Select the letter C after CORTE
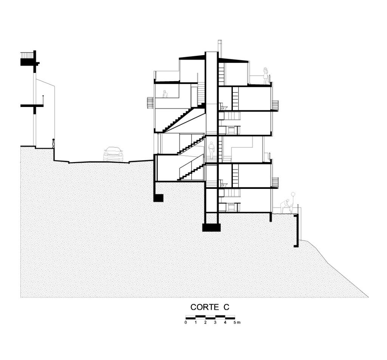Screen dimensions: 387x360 (226, 307)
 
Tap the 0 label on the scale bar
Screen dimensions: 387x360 (186, 323)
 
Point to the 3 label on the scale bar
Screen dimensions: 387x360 (215, 323)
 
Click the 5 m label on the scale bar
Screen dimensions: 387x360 (237, 323)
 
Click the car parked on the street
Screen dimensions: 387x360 (113, 154)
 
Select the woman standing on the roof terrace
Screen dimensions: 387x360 (266, 76)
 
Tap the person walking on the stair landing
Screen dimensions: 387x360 (211, 150)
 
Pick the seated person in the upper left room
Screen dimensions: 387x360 (165, 94)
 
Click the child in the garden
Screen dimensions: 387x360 (291, 209)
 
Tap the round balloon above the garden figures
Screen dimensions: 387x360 (293, 194)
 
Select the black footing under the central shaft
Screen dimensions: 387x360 (211, 227)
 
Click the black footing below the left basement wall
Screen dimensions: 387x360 (158, 198)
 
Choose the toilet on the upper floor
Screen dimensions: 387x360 (224, 107)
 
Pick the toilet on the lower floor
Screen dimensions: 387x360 (224, 184)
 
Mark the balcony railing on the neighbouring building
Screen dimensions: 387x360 (27, 55)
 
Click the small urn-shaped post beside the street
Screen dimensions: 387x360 (53, 144)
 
